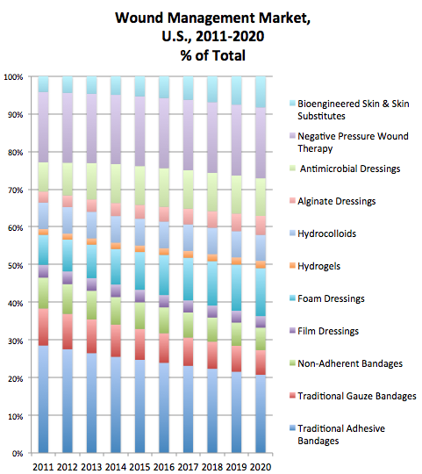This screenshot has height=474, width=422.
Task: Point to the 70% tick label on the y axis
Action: click(x=16, y=190)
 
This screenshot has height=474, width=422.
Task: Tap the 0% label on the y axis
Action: click(x=18, y=454)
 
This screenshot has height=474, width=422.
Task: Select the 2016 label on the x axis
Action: click(x=164, y=467)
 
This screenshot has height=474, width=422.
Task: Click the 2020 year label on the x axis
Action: click(x=261, y=467)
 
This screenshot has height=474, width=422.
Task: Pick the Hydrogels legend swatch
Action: click(x=292, y=265)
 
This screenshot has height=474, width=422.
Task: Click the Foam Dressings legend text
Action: click(x=331, y=298)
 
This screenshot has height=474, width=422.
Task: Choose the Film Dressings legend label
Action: click(x=328, y=331)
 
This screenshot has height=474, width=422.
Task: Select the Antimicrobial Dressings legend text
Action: click(x=350, y=169)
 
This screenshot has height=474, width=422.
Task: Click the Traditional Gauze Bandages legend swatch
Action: click(x=292, y=395)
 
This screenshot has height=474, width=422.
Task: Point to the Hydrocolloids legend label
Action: click(x=327, y=233)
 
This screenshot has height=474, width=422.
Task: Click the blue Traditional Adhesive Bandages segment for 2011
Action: click(x=43, y=399)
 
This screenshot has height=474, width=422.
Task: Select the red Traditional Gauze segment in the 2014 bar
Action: click(x=116, y=341)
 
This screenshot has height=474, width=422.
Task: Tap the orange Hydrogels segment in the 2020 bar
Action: click(x=261, y=264)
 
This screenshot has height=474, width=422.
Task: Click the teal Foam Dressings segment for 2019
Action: click(x=237, y=288)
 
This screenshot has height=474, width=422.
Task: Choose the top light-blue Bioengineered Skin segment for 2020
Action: click(x=261, y=92)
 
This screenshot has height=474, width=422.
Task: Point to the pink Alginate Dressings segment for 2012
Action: click(x=68, y=201)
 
